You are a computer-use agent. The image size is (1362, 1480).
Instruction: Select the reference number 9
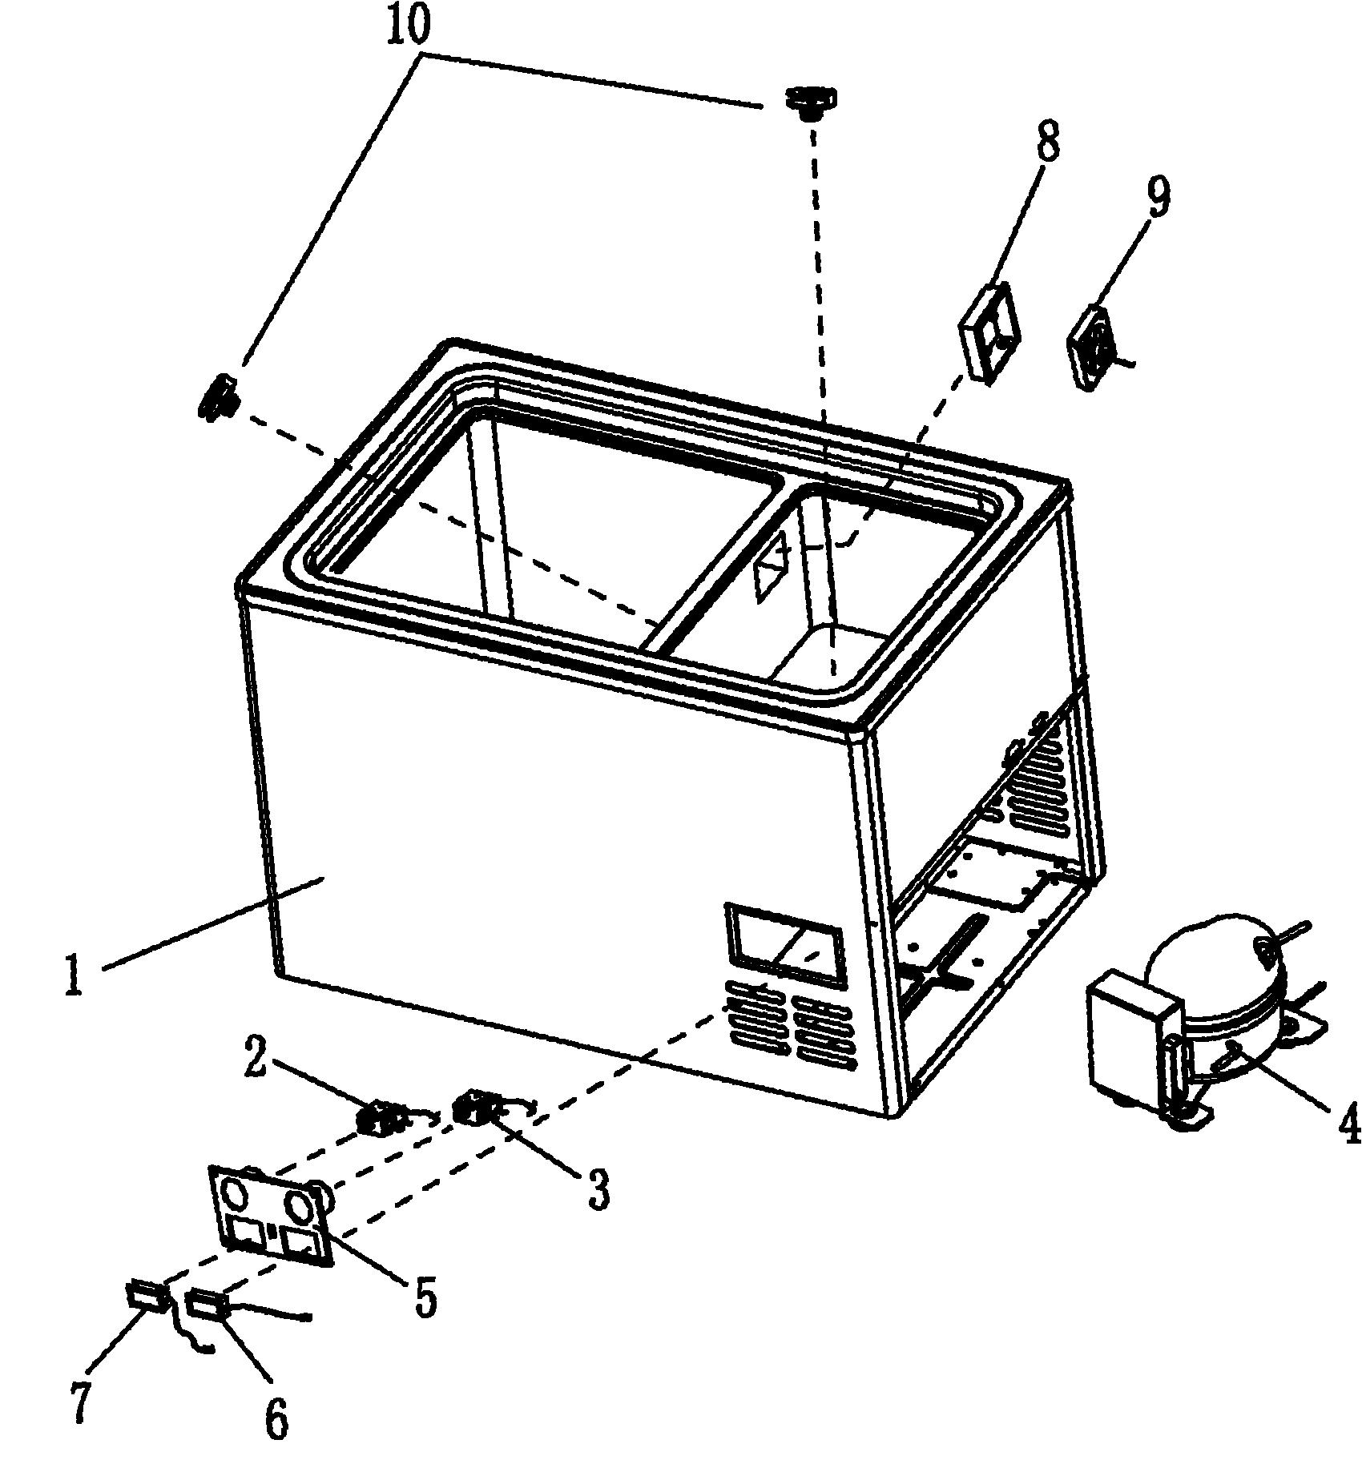(x=1159, y=196)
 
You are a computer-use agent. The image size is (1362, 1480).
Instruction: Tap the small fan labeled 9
(x=1097, y=348)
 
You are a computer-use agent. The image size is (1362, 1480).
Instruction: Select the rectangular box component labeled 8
(x=991, y=332)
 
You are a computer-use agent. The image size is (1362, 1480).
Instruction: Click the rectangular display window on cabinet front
(x=784, y=944)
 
